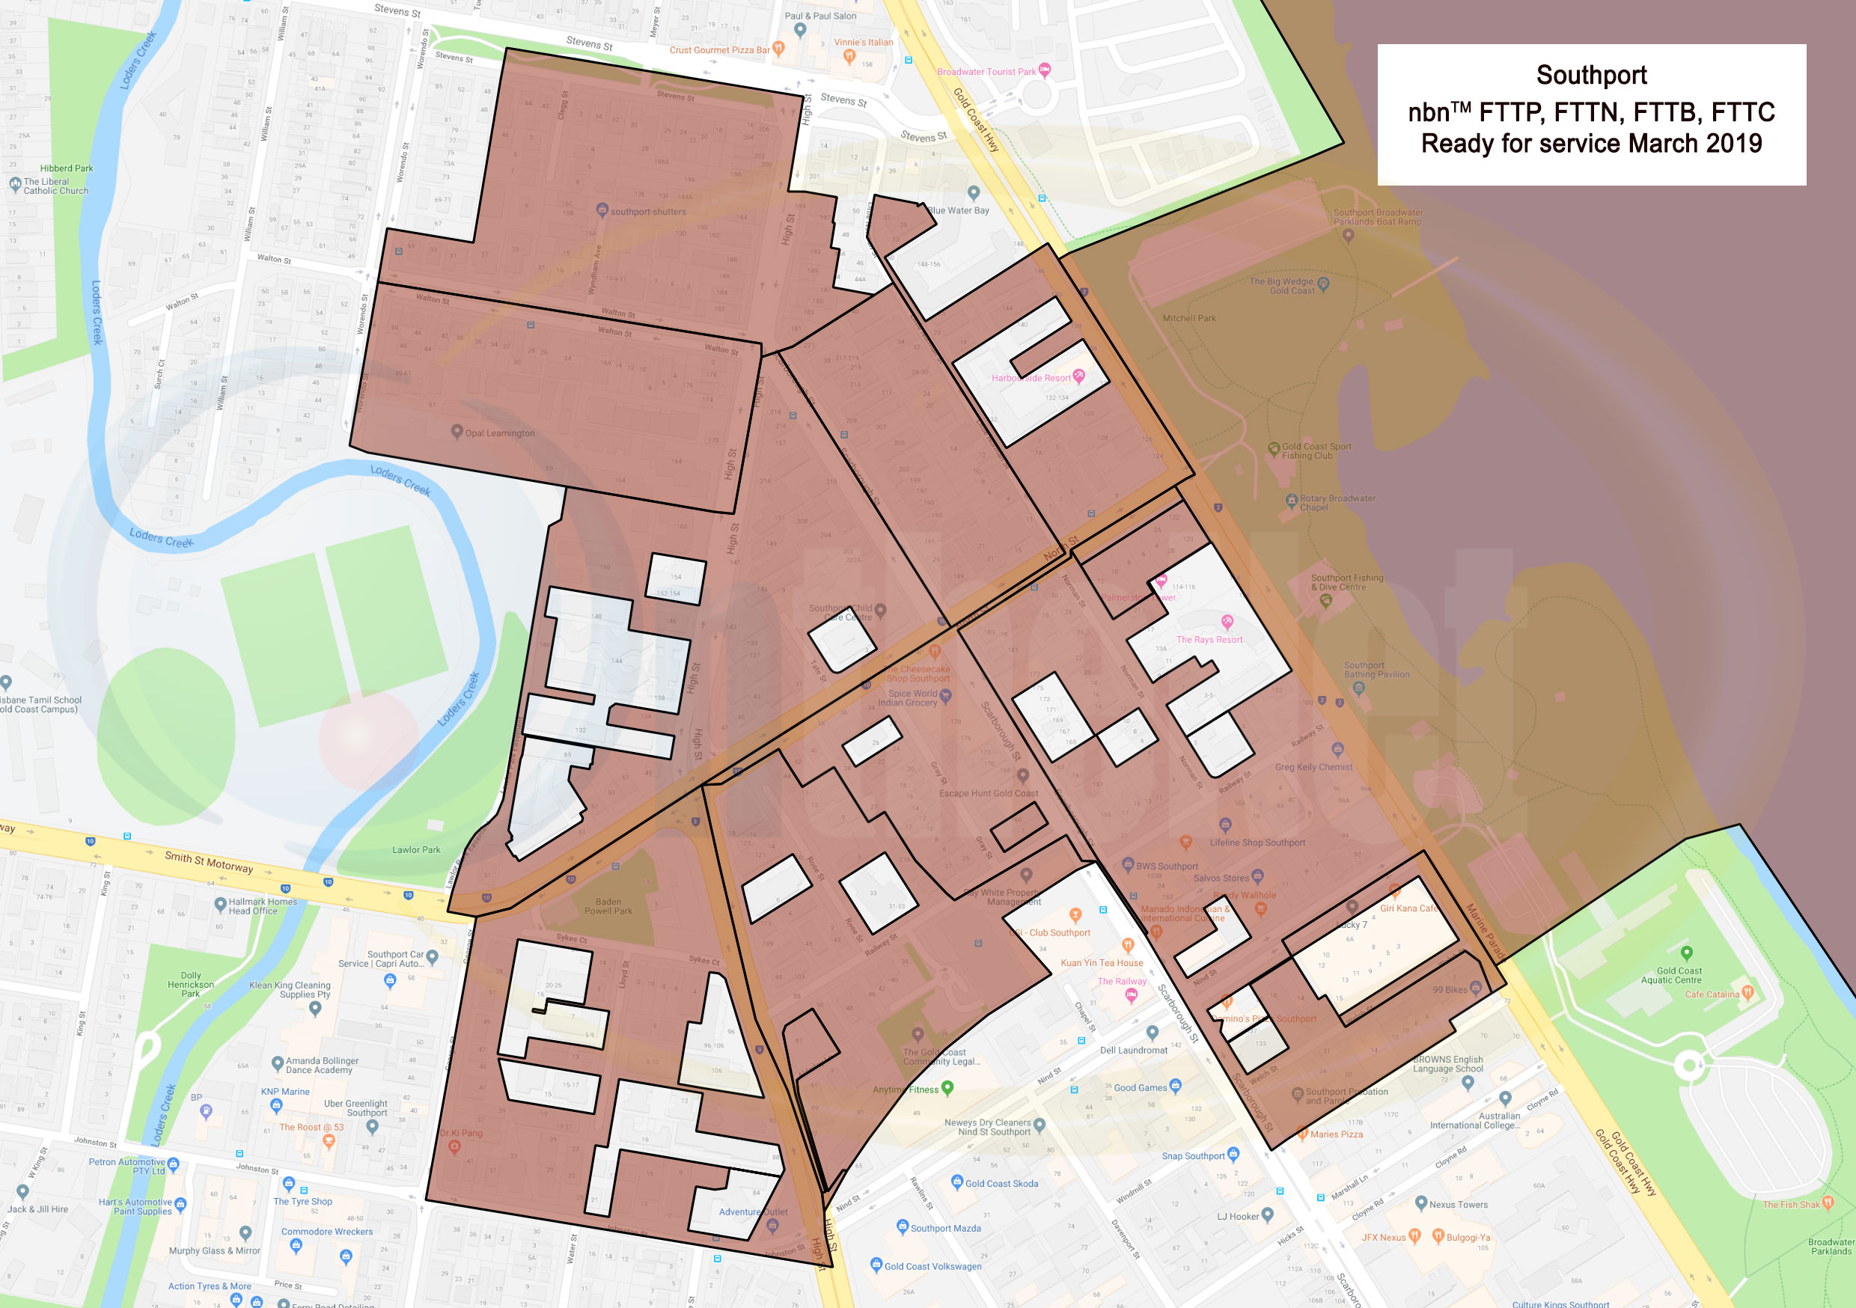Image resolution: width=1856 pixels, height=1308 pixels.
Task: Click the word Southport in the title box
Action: click(x=1591, y=75)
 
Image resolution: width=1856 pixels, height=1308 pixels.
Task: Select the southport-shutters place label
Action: click(x=647, y=212)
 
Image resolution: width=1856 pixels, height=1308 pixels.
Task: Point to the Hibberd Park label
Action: click(x=67, y=168)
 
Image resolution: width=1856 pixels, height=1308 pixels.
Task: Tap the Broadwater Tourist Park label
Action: click(x=986, y=72)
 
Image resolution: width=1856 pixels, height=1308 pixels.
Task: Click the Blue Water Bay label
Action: click(x=959, y=210)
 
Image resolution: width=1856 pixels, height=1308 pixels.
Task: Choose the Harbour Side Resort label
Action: click(x=1031, y=378)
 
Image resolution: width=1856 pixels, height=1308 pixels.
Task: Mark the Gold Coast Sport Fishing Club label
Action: click(x=1316, y=451)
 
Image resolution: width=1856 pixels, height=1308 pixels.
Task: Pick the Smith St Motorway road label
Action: click(x=209, y=862)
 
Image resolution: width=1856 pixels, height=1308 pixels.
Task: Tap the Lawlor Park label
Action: click(x=416, y=849)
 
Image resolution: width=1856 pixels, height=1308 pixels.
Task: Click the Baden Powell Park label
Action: click(x=608, y=906)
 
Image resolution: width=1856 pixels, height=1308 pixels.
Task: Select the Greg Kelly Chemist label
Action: click(x=1313, y=767)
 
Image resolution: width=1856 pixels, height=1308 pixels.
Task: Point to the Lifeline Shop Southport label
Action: click(x=1257, y=843)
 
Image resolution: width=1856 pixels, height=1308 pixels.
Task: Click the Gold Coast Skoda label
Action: click(x=1001, y=1184)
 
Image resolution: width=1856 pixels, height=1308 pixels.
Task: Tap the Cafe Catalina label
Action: click(x=1712, y=994)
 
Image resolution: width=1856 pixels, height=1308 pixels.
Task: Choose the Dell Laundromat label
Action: click(x=1133, y=1050)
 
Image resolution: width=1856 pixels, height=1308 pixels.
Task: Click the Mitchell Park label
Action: click(x=1188, y=319)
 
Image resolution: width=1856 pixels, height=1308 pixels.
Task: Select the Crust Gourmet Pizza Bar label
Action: click(x=718, y=50)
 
